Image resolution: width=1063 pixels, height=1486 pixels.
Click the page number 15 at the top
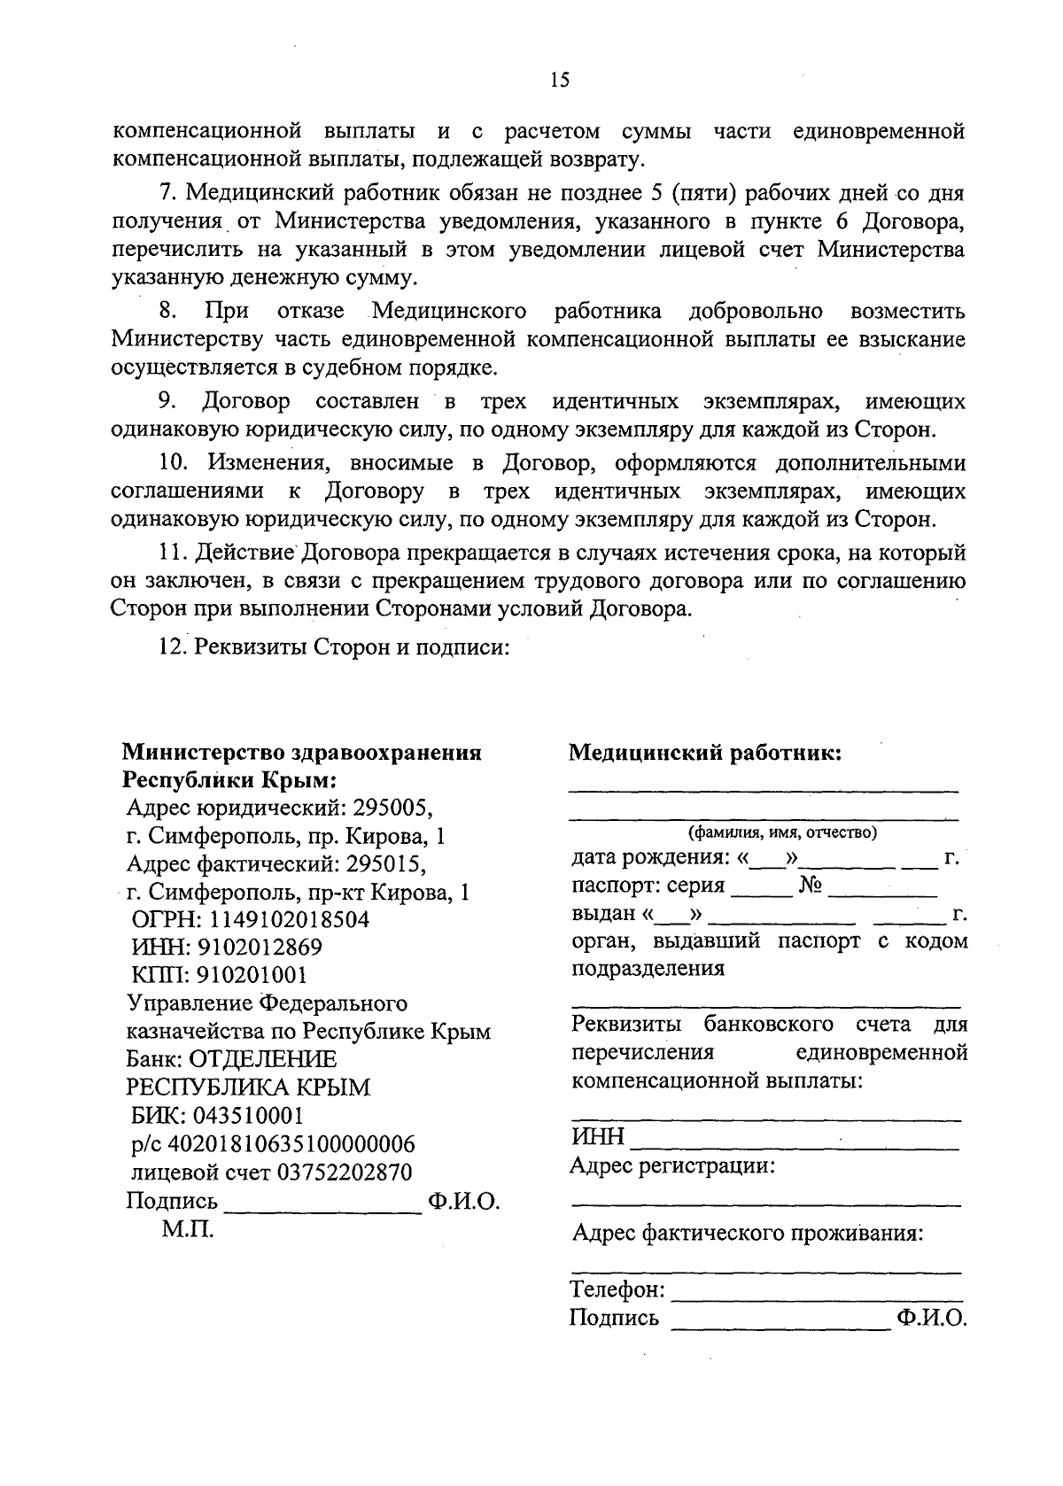[x=559, y=81]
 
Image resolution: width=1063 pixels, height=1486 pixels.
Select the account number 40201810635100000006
[x=291, y=1143]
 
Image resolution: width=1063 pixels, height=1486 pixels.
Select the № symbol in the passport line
[x=811, y=885]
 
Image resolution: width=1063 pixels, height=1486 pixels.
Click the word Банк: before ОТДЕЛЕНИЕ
[x=156, y=1059]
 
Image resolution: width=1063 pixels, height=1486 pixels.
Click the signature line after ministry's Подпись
[x=324, y=1210]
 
